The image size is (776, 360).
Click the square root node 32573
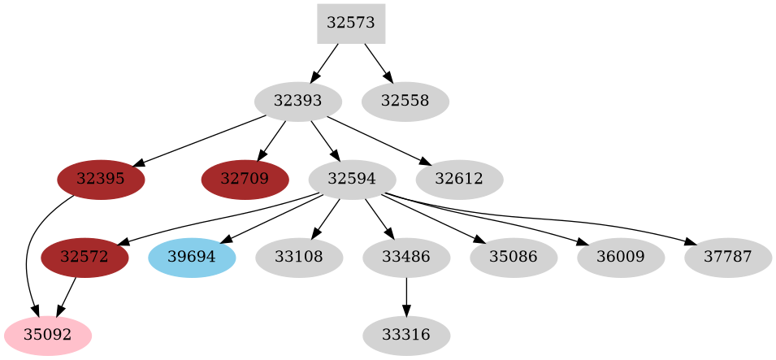(350, 23)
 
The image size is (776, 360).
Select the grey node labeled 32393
(297, 102)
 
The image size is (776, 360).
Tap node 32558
(405, 102)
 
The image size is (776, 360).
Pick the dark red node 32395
(101, 180)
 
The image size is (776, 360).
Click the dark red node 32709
(245, 180)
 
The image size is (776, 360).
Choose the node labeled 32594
(352, 180)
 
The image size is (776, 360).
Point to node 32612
(459, 180)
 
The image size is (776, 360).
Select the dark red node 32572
(85, 258)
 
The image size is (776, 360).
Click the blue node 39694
(192, 258)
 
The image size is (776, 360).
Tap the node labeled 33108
(299, 258)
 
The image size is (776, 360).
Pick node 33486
(405, 258)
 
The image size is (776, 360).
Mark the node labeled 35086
(514, 258)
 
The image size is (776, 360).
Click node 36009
(621, 258)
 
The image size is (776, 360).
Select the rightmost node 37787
(728, 258)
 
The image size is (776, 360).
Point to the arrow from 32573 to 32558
(379, 63)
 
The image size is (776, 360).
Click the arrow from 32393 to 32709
(271, 141)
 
